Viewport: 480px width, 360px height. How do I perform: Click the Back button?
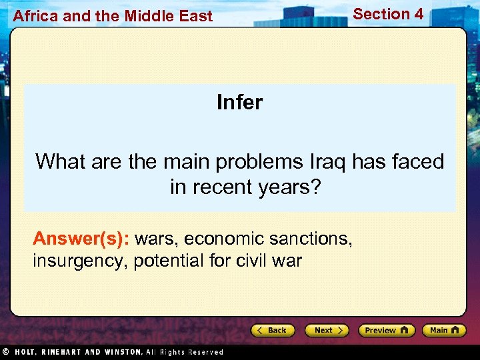click(x=273, y=330)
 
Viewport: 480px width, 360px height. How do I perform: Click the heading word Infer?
click(x=239, y=102)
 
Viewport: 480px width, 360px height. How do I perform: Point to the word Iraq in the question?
click(x=329, y=161)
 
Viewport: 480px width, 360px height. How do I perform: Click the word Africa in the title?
click(x=35, y=16)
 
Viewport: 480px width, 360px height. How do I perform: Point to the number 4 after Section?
click(x=418, y=13)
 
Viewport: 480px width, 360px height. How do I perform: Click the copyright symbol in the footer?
click(x=5, y=351)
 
